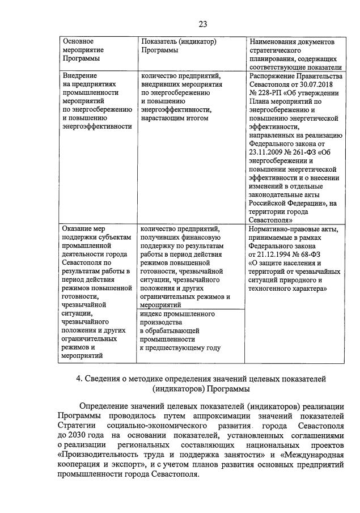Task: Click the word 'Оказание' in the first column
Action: coord(77,229)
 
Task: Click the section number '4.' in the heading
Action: coord(80,379)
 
